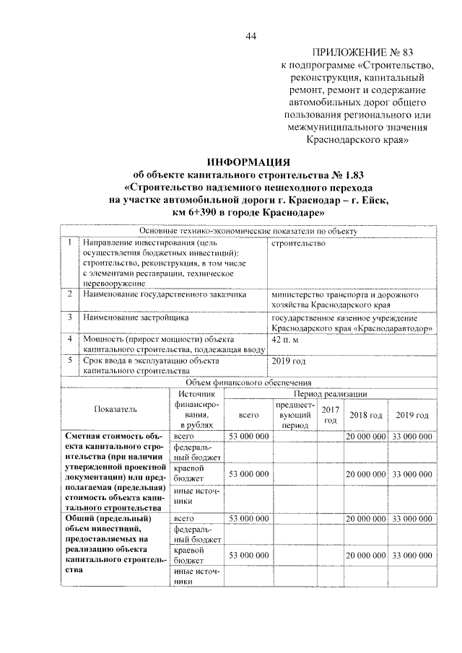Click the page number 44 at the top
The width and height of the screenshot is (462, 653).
250,37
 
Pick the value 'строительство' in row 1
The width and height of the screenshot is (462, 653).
298,243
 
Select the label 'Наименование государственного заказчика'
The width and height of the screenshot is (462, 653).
165,295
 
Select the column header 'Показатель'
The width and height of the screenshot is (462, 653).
114,409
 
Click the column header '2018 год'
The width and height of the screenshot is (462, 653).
365,416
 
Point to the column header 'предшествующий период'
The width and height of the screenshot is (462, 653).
295,416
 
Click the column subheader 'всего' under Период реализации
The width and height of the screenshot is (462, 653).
248,416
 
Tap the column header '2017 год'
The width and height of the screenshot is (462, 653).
331,416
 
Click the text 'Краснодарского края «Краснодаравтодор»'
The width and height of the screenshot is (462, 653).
352,327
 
